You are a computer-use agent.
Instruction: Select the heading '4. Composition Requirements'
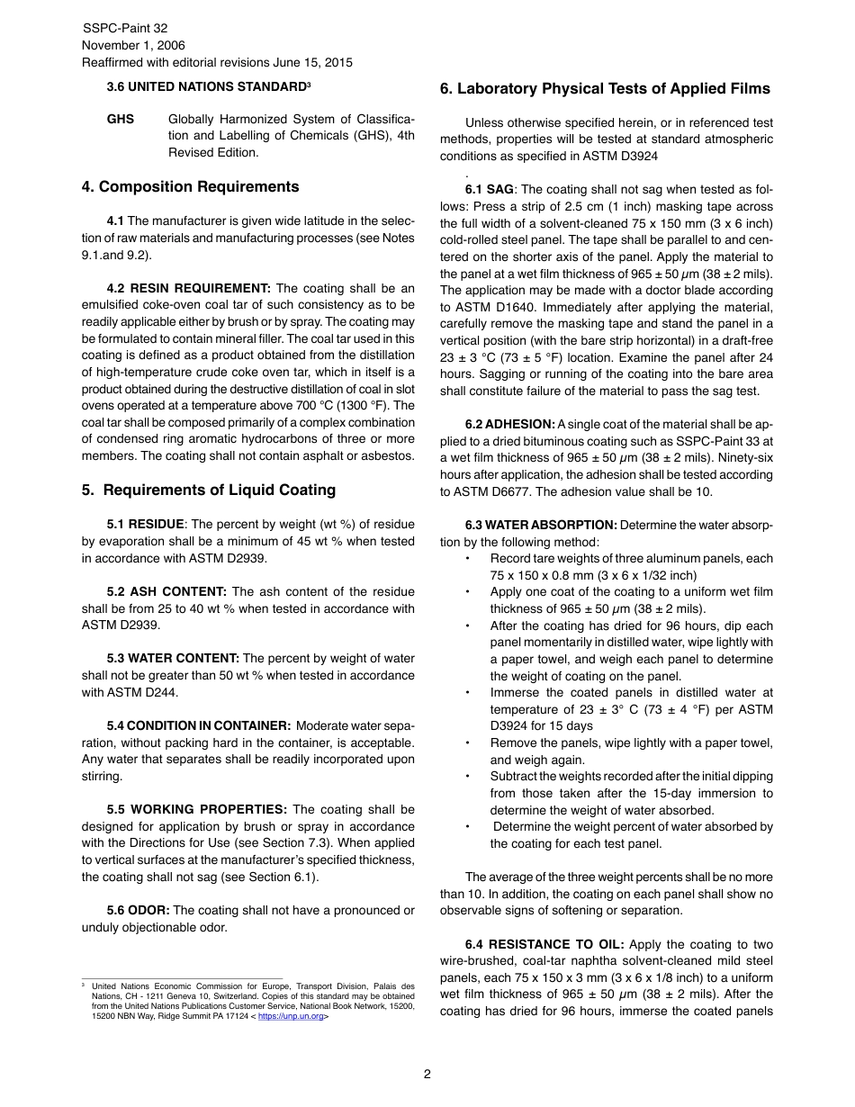tap(190, 187)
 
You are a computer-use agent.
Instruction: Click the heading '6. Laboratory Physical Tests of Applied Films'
tap(605, 88)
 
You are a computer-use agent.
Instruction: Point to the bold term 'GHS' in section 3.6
tap(121, 119)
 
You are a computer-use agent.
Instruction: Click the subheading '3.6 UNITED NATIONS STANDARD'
tap(208, 87)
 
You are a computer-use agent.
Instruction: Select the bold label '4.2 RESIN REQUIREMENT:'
tap(188, 288)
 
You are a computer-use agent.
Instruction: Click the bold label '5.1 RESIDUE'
tap(145, 524)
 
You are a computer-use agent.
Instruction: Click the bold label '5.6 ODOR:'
tap(138, 910)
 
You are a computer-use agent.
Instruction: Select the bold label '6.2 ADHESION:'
tap(509, 424)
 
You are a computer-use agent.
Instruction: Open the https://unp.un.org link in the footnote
tap(290, 1016)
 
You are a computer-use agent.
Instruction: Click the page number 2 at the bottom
tap(427, 1074)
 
